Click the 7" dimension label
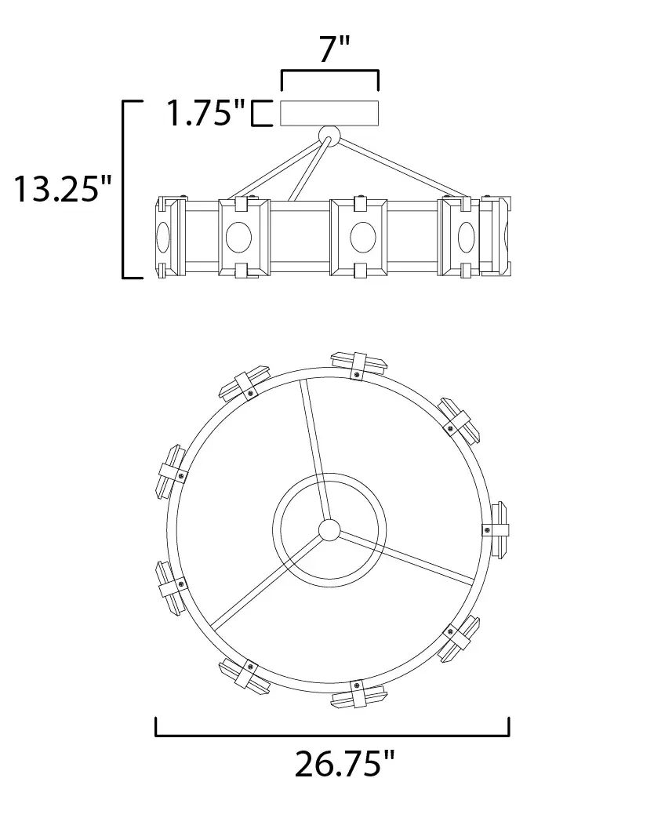tap(334, 49)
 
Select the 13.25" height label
tap(63, 188)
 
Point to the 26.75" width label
tap(345, 764)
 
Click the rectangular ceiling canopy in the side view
tap(329, 113)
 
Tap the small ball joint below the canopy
tap(329, 135)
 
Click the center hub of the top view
tap(329, 530)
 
